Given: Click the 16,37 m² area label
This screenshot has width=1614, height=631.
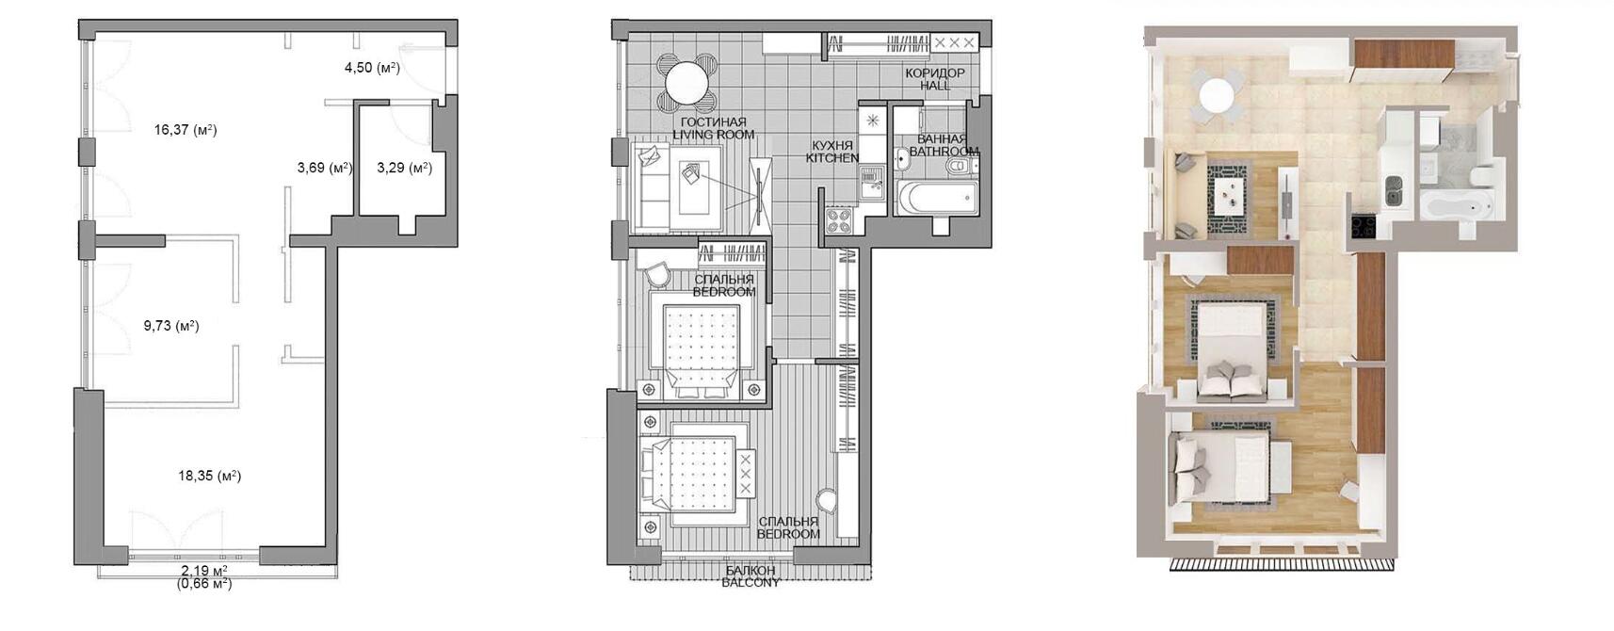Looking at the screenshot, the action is (x=186, y=130).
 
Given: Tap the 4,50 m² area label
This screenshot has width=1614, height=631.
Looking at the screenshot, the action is (x=372, y=68).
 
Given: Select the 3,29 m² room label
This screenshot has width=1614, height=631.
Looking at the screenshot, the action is (x=404, y=168).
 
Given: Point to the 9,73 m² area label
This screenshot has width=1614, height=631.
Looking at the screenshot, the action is (x=170, y=326).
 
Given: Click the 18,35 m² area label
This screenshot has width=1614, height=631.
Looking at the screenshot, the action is (x=210, y=476).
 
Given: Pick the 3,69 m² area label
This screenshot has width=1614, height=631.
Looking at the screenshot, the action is (x=325, y=168).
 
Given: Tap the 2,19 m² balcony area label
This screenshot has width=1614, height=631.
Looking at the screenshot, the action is (x=204, y=570).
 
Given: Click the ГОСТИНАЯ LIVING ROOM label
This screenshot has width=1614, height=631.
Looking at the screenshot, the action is (x=714, y=128).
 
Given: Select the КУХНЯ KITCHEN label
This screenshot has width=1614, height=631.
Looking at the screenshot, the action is (x=832, y=152).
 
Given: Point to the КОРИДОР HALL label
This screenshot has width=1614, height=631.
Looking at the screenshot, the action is (x=934, y=79).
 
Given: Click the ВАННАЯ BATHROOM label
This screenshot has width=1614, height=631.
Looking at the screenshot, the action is (x=944, y=145).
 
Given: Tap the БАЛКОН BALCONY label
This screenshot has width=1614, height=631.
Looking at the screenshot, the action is (x=751, y=576).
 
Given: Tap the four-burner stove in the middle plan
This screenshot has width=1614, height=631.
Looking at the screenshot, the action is (x=838, y=220).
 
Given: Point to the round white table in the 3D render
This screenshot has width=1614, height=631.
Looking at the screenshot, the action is (x=1217, y=95).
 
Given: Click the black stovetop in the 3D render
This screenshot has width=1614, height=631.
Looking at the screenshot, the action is (x=1363, y=226).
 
